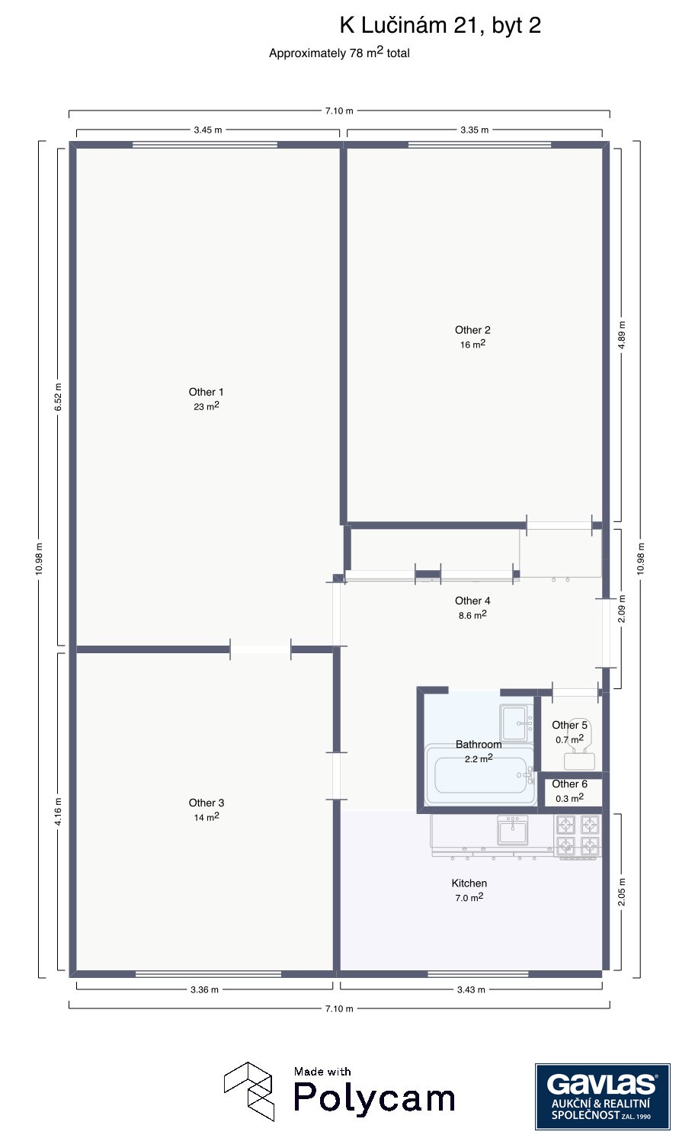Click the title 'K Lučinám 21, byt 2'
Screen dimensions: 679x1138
[x=440, y=25]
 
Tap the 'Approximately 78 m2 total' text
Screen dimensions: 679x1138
[x=339, y=53]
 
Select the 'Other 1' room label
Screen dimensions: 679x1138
[x=207, y=392]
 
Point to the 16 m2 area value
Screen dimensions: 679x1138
[x=472, y=345]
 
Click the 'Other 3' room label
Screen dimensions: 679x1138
[x=207, y=803]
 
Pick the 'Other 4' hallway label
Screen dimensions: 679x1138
[x=472, y=601]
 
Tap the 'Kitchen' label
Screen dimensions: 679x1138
[x=469, y=883]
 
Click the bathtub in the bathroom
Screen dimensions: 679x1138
[x=480, y=775]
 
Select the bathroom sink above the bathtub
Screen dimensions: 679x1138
[x=516, y=723]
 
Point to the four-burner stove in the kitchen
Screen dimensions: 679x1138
[x=578, y=837]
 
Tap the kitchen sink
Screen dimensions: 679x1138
[x=513, y=830]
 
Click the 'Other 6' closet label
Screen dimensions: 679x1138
[x=570, y=784]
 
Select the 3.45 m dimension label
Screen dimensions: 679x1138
[x=208, y=130]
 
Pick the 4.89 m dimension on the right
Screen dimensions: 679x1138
[x=622, y=335]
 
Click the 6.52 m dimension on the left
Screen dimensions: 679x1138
[x=59, y=397]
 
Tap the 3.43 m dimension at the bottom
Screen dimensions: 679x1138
[x=471, y=989]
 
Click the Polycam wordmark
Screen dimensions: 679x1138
[x=374, y=1098]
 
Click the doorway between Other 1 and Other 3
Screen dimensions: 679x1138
[x=261, y=649]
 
